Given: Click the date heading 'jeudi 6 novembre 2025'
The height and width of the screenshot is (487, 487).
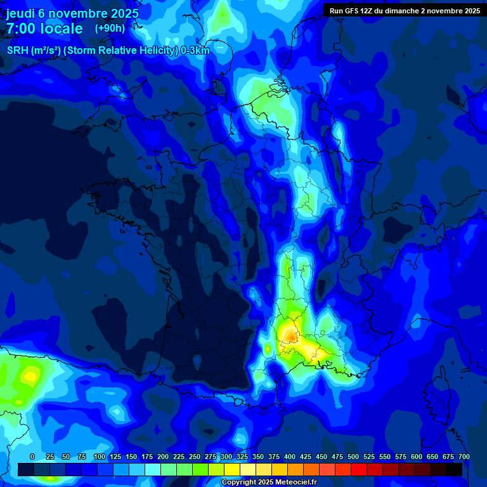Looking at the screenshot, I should pos(72,13).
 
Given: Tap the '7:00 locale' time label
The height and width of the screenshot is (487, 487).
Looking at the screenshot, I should pos(44,29).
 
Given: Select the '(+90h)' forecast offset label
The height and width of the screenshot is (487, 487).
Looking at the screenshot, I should pos(110,29).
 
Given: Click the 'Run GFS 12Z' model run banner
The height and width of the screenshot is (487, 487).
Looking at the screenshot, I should pos(405,10).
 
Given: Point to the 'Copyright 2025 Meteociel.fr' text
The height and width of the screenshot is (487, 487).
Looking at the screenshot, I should pos(269,483).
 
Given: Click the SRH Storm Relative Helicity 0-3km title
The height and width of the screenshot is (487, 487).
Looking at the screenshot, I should pos(108,51).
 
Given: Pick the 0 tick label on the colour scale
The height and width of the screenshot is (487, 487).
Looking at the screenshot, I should pos(32,457).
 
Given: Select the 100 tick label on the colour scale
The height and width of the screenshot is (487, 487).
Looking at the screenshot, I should pos(99,457).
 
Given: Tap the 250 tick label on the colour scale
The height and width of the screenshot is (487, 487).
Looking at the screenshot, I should pos(195,457).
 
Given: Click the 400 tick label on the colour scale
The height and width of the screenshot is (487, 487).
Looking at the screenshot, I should pos(290,457).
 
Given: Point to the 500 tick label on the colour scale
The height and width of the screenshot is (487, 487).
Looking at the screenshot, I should pos(353,457).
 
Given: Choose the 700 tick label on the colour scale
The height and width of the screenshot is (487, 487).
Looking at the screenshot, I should pos(464,457).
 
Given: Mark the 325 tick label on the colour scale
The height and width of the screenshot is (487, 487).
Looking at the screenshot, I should pos(242,457).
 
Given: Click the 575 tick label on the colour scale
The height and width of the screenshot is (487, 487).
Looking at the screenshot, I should pos(401,457).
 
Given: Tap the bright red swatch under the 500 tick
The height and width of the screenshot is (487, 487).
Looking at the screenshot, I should pos(359,469).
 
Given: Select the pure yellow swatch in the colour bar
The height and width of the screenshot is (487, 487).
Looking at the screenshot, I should pos(232,469).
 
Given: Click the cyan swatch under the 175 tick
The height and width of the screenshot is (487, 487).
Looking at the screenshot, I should pos(153,469).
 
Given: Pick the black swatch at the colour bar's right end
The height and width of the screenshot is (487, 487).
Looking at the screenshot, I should pos(454,469).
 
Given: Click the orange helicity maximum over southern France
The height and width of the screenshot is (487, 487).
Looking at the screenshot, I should pos(290,334).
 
